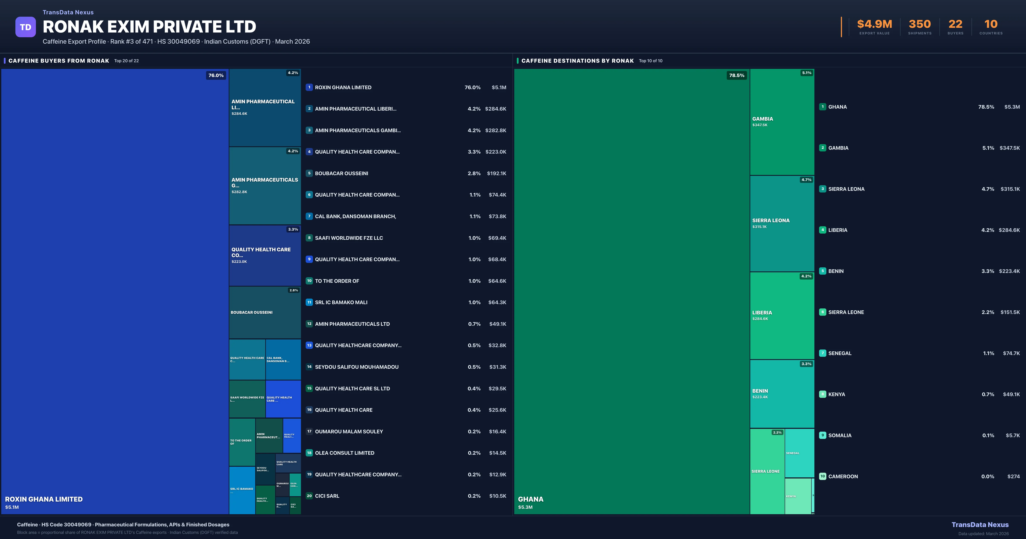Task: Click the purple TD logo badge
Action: [25, 27]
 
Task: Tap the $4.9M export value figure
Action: [874, 24]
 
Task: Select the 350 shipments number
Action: [920, 24]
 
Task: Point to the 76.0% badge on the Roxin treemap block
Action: [216, 75]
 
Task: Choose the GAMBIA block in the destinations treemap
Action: [782, 121]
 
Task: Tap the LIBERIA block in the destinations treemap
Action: [782, 315]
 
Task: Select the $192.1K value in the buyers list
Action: [496, 173]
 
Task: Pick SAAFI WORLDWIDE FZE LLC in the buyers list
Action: [349, 238]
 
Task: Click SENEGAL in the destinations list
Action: [840, 353]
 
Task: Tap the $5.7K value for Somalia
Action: [1013, 435]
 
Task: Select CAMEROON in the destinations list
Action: [843, 476]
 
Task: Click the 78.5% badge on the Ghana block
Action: [736, 75]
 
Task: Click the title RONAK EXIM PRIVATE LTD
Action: [149, 27]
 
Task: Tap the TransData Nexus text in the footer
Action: [980, 525]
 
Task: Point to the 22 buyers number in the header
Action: [955, 24]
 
